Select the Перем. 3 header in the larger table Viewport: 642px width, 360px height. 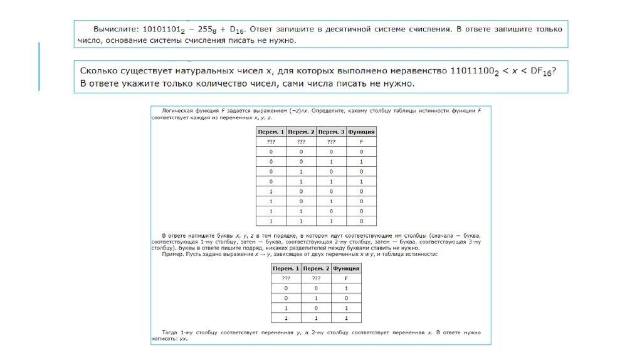tap(332, 132)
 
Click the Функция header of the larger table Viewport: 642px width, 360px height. tap(362, 132)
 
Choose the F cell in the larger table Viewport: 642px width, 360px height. tap(362, 142)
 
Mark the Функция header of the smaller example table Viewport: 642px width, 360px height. tap(346, 268)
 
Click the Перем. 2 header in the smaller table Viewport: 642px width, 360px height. tap(316, 268)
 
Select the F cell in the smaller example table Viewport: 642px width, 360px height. tap(346, 278)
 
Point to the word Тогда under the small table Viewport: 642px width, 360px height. tap(171, 331)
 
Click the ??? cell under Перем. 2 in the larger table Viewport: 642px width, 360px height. tap(301, 142)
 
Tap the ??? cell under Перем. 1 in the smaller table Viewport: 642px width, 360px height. tap(286, 278)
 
